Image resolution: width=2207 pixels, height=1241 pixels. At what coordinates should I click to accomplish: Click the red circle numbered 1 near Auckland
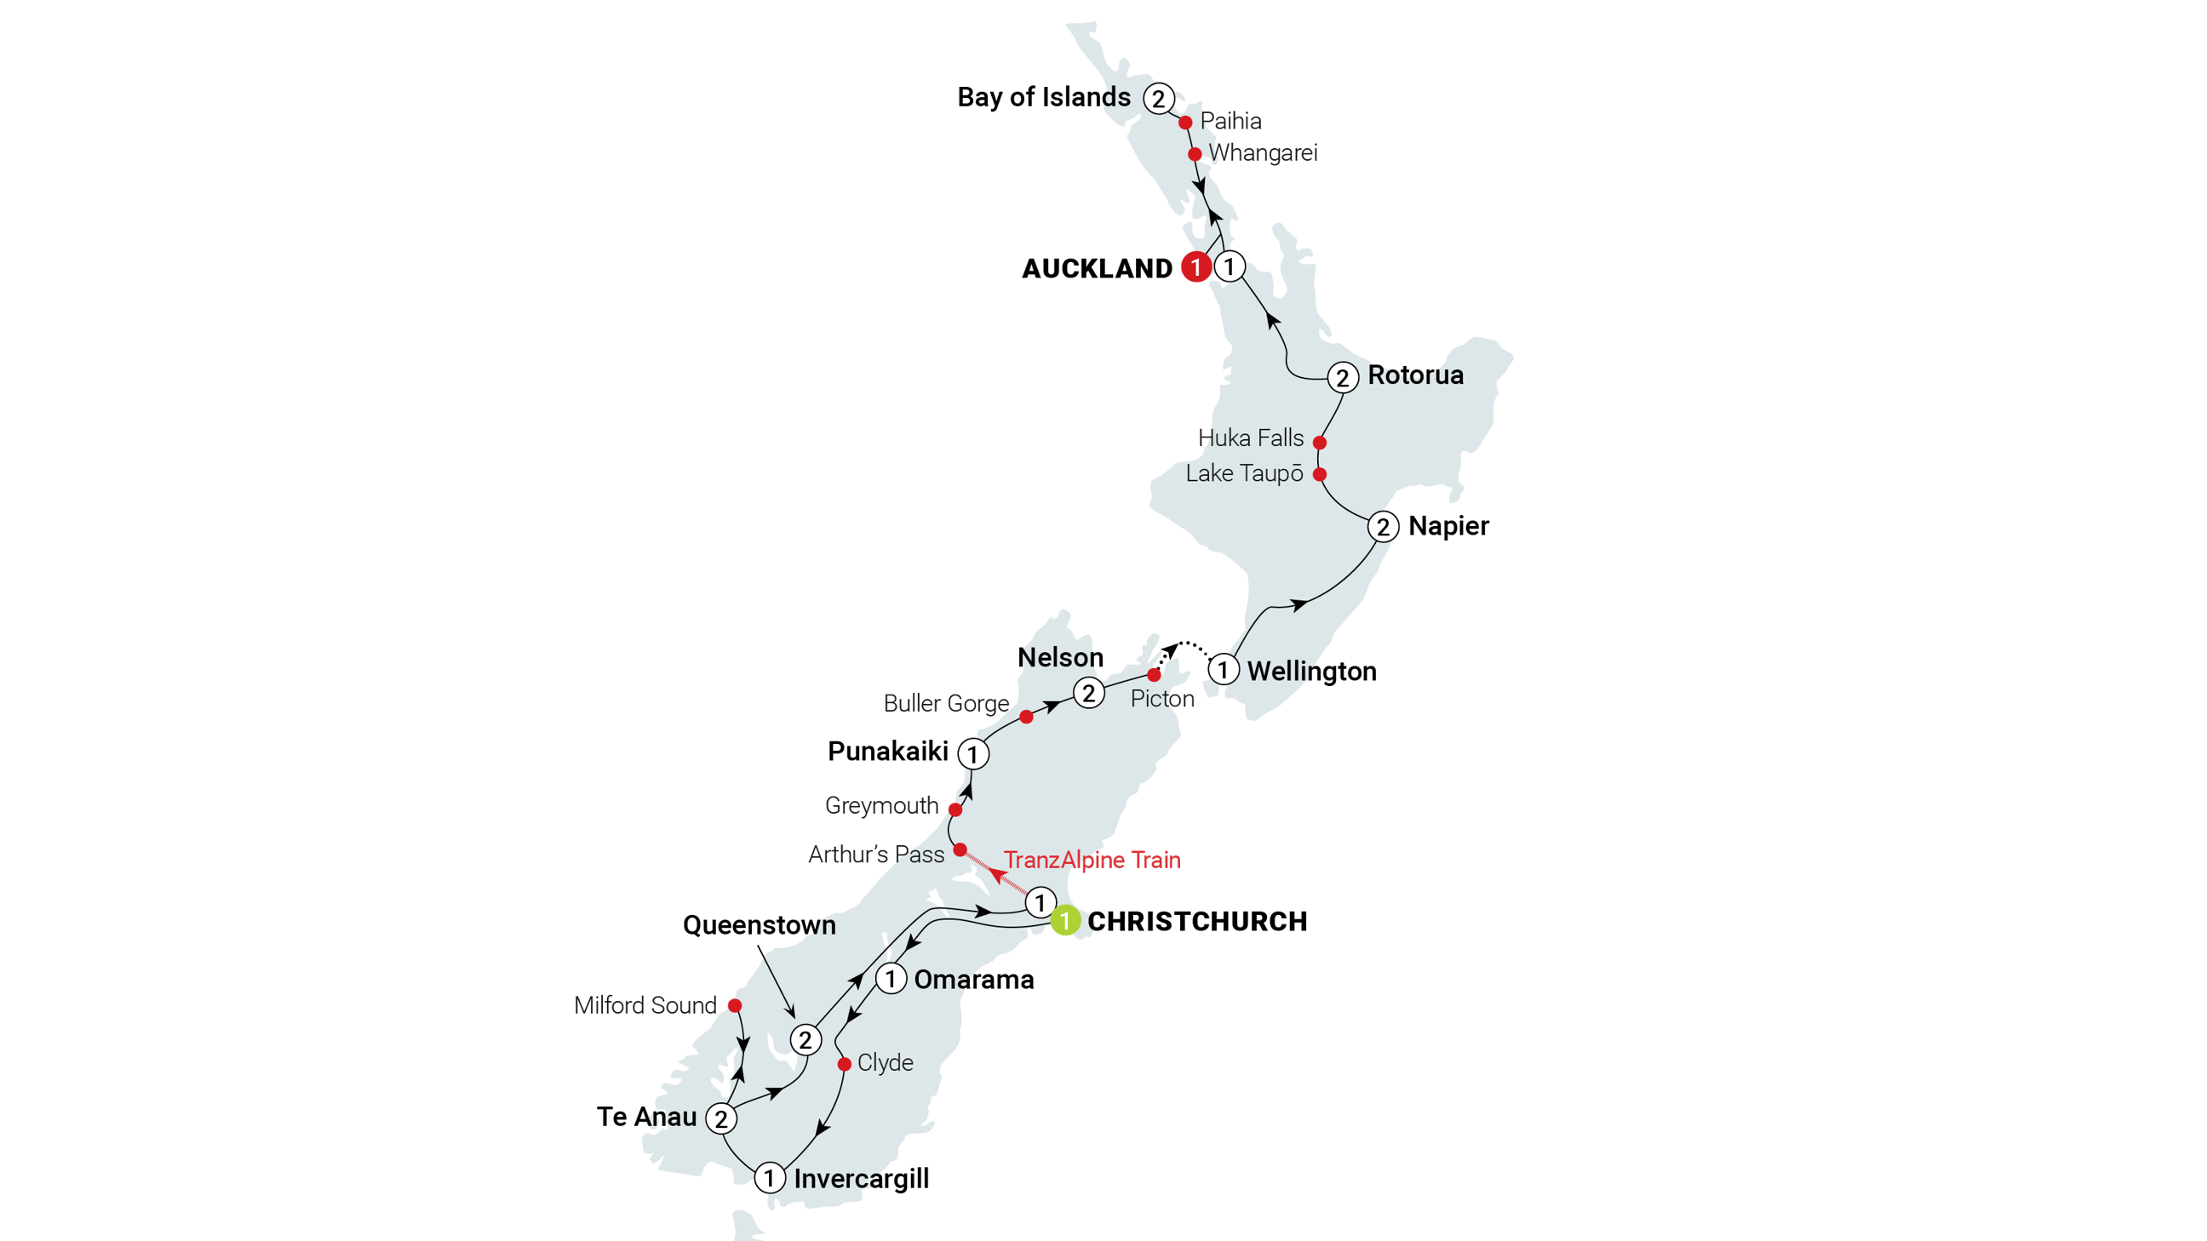(1195, 267)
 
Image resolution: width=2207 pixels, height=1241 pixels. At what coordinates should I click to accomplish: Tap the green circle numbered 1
(1064, 921)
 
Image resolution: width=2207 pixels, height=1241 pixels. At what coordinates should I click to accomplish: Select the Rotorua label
(1415, 375)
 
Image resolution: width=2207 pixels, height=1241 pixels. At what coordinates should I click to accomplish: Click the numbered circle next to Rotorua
(1343, 378)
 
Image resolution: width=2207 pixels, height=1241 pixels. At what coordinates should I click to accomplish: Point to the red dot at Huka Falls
(1320, 443)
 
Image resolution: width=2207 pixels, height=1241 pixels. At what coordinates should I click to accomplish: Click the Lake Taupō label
(1244, 473)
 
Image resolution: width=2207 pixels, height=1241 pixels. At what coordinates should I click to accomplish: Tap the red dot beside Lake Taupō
(1320, 474)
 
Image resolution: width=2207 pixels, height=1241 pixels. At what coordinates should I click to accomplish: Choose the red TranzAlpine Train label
(1092, 860)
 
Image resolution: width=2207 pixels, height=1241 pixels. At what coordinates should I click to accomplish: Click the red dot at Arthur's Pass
(960, 849)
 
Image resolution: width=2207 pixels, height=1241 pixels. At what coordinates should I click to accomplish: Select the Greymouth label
(880, 806)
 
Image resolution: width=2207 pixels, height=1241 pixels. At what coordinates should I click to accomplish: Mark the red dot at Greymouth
(954, 809)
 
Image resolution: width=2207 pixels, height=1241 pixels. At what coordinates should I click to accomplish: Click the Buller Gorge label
(946, 704)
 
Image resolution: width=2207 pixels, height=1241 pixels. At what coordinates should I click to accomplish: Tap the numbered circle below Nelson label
(1089, 693)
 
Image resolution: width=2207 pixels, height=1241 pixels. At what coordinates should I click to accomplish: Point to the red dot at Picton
(1154, 675)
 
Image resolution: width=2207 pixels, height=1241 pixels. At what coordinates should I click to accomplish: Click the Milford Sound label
(645, 1004)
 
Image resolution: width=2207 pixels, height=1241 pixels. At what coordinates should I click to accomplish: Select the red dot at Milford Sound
(734, 1004)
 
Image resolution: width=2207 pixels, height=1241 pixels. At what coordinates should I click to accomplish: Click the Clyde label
(885, 1063)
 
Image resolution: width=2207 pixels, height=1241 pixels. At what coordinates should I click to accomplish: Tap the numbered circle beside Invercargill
(770, 1179)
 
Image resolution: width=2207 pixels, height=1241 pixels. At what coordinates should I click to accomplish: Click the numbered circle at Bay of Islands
(1158, 99)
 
